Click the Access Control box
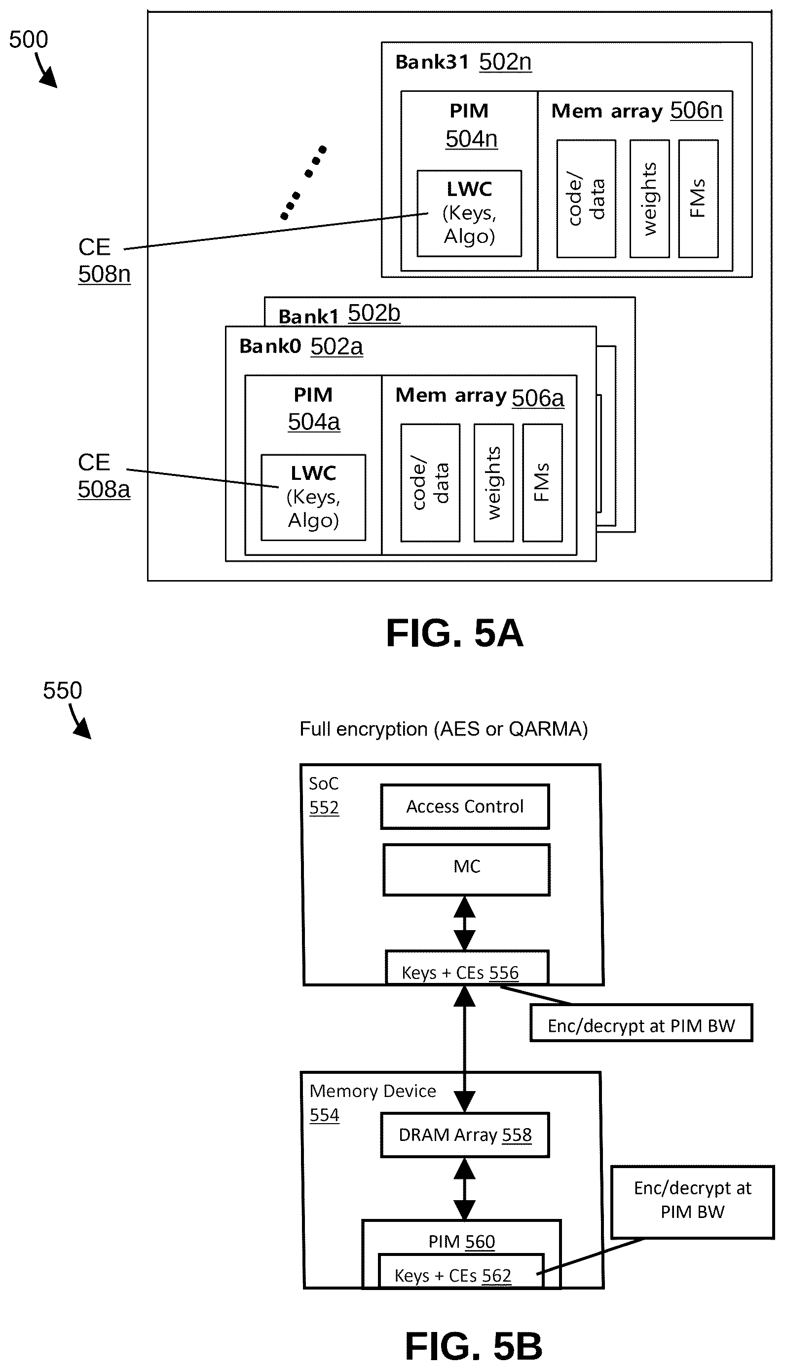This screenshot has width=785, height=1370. coord(465,806)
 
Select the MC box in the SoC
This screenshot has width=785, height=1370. coord(466,869)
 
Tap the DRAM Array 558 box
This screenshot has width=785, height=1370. coord(465,1135)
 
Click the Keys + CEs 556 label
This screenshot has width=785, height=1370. coord(460,973)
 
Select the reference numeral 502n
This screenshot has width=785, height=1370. coord(505,62)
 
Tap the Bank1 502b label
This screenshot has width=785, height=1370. coord(339,314)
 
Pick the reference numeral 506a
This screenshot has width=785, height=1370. coord(537,398)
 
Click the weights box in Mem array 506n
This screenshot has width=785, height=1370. coord(650,198)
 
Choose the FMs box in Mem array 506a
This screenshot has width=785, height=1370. coord(542,483)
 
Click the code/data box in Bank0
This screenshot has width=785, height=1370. coord(430,483)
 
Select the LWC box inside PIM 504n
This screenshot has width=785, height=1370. coord(469,213)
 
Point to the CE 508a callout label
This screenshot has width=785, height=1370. coord(104,476)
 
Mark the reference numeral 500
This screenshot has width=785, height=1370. coord(29,40)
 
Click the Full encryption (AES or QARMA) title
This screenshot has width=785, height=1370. coord(443,729)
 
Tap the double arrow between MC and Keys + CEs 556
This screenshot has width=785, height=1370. coord(464,923)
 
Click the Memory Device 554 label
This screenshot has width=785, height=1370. coord(373,1102)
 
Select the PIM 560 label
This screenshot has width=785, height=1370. coord(461,1241)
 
